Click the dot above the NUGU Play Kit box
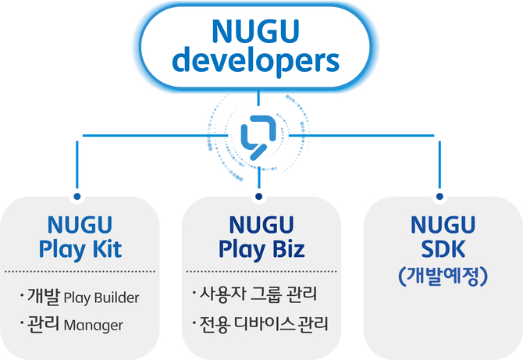click(77, 196)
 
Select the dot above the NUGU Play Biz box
click(259, 196)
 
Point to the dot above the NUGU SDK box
click(439, 196)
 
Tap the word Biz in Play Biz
click(289, 249)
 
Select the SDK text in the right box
click(443, 249)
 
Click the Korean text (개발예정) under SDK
click(443, 276)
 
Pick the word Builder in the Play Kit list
click(117, 298)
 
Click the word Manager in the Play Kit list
click(93, 326)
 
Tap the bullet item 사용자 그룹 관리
click(258, 294)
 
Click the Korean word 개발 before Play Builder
click(44, 296)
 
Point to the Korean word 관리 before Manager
click(44, 324)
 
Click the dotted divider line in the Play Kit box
click(80, 272)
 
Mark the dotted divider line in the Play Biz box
click(261, 272)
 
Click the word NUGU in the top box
click(255, 31)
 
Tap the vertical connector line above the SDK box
click(439, 165)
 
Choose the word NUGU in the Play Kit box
click(80, 225)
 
